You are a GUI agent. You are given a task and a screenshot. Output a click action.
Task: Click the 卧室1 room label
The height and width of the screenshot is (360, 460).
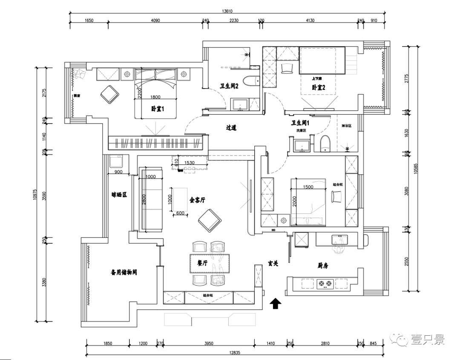pos(157,109)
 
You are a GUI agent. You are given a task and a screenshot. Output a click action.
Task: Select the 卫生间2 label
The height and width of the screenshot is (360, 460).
pos(229,85)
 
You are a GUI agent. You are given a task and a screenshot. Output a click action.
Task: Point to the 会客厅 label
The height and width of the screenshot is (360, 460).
pos(198,199)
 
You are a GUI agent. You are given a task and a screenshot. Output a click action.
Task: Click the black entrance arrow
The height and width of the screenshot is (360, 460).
pos(276,303)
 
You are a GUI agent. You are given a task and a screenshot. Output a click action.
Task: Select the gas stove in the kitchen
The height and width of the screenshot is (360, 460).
pos(325,283)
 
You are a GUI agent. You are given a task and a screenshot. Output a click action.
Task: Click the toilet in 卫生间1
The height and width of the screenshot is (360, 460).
pos(325,144)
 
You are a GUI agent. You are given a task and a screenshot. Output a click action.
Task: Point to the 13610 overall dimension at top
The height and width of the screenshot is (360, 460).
pos(227,12)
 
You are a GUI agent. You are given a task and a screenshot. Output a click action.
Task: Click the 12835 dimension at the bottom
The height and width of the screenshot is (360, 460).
pos(233,352)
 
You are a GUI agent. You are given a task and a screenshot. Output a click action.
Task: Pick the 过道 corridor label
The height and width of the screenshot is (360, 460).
pos(231,127)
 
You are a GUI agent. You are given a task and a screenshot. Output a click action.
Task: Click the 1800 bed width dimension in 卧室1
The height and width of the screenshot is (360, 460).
pos(155,96)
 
